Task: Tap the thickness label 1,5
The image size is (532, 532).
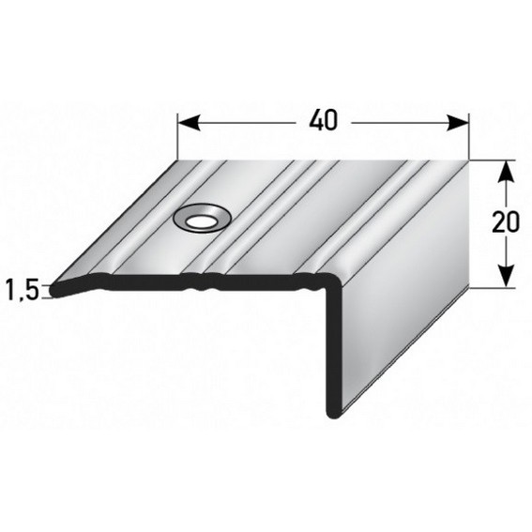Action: [21, 289]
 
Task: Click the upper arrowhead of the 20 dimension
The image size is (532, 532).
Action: [506, 167]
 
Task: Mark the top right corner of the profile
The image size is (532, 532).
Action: [467, 160]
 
